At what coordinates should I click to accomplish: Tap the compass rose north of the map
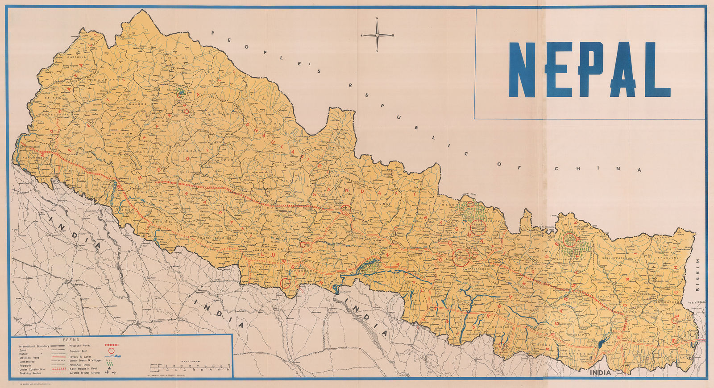pyautogui.click(x=377, y=35)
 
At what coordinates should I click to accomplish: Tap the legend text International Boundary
pyautogui.click(x=34, y=347)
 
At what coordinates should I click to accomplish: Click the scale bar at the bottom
pyautogui.click(x=190, y=368)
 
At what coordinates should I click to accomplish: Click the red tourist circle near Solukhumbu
pyautogui.click(x=570, y=240)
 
